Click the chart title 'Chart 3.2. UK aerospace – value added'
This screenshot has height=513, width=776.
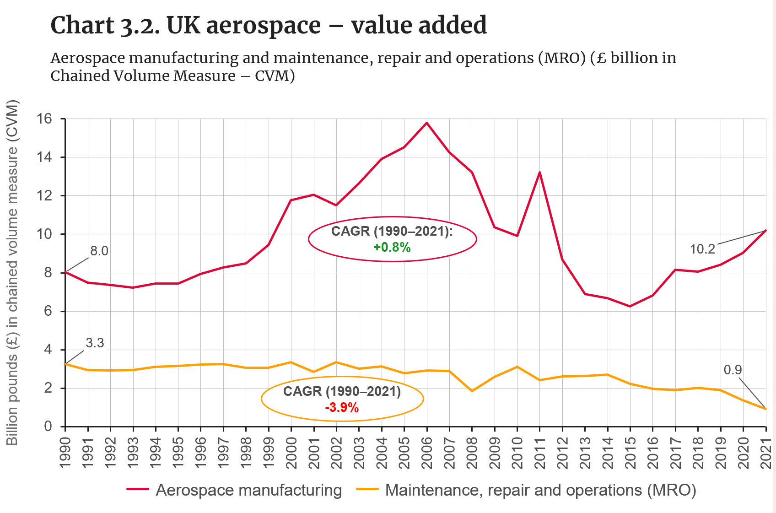pos(269,25)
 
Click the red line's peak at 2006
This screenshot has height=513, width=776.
pos(427,123)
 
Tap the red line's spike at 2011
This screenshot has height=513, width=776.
pos(540,173)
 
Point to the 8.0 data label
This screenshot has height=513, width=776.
pos(99,251)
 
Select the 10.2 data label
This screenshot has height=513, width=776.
pos(702,249)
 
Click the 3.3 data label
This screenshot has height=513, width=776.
pos(95,343)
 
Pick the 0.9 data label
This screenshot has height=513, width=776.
pos(733,370)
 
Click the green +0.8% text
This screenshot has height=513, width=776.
pos(392,248)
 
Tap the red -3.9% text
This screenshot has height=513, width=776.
pos(342,407)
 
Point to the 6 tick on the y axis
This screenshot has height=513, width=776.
pos(48,311)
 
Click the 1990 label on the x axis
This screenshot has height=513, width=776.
pos(65,453)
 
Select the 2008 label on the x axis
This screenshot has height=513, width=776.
pos(472,453)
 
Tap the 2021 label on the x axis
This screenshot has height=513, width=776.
pos(766,453)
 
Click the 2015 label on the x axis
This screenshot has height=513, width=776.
pos(630,453)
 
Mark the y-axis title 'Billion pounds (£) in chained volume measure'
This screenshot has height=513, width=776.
pos(12,273)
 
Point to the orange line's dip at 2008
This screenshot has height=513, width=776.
pos(472,391)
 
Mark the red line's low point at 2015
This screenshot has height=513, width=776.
pos(630,306)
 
